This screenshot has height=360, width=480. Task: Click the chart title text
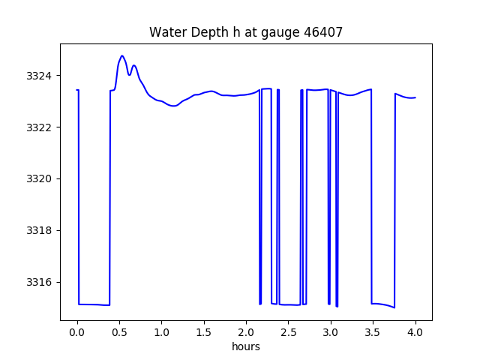point(246,32)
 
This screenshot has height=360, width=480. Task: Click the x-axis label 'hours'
point(246,347)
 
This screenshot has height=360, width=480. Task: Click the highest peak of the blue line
point(122,55)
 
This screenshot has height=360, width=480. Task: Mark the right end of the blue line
point(415,97)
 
